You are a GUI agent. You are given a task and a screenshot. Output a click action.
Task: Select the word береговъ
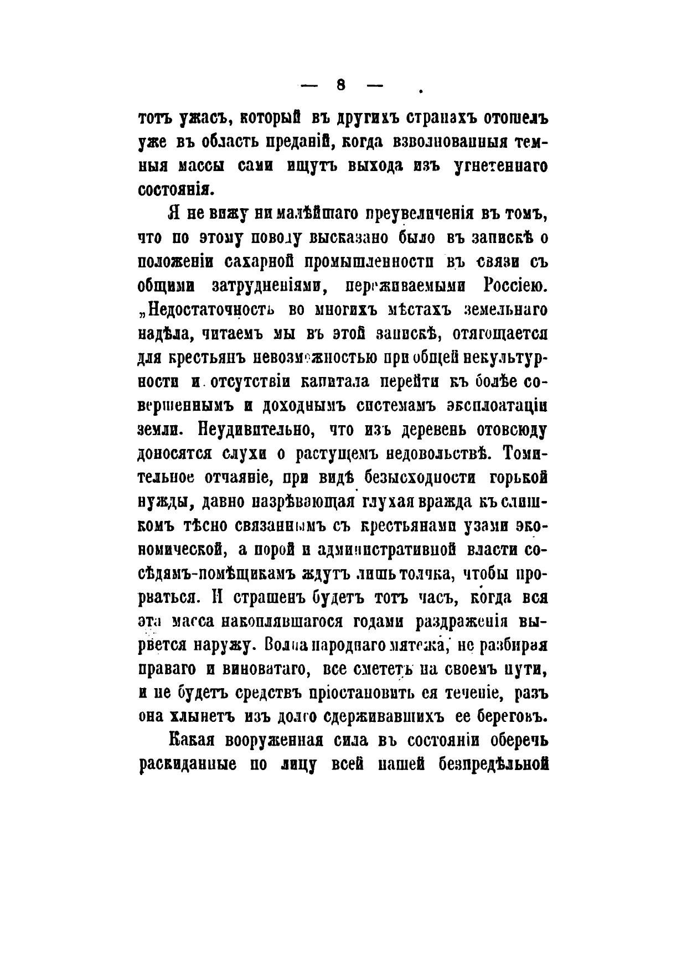pyautogui.click(x=515, y=717)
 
